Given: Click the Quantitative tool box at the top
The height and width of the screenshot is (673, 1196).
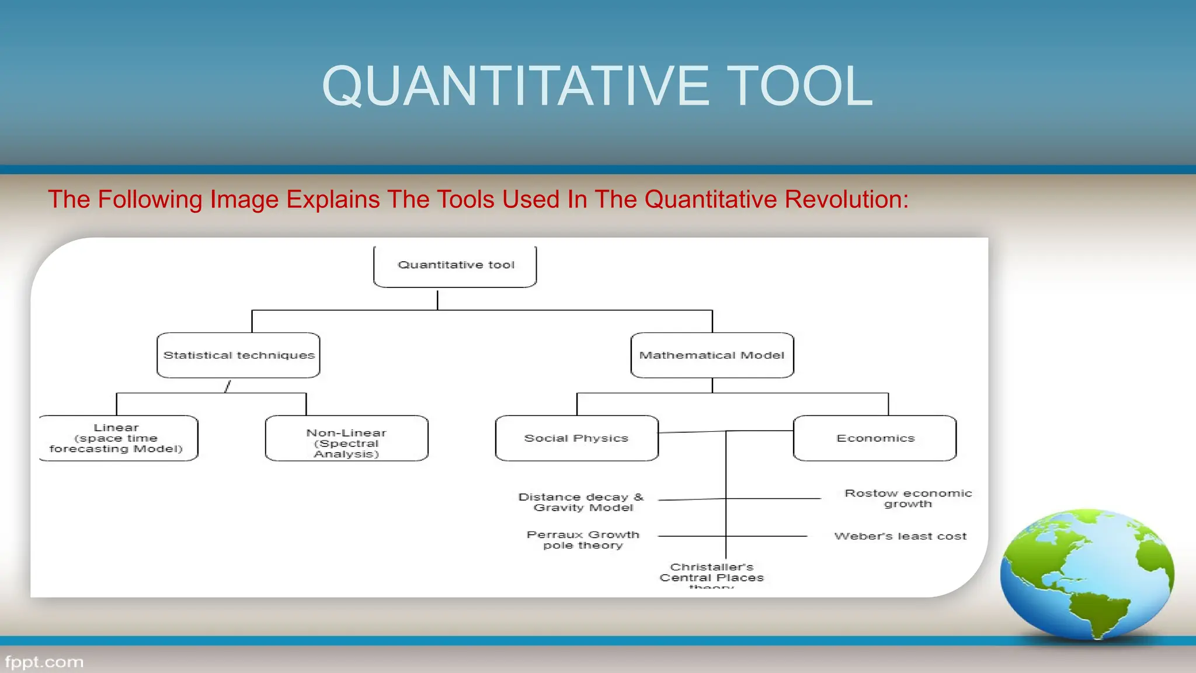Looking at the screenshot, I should coord(455,266).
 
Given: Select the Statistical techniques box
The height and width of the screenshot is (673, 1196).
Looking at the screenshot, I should coord(238,355).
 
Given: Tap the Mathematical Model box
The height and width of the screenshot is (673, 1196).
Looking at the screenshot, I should coord(712,355).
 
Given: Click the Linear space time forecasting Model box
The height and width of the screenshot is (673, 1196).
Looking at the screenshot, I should coord(117,438).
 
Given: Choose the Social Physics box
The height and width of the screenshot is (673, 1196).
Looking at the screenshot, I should coord(576,438).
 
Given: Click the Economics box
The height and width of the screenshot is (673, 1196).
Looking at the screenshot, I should coord(875,438).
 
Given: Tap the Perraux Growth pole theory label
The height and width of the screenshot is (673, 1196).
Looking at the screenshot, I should coord(583,540).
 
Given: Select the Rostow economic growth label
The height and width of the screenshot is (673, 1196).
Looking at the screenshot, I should coord(908,498).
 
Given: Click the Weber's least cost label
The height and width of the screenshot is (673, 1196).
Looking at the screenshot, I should coord(900,536).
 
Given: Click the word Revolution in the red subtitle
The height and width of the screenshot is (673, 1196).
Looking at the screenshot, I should coord(846,200).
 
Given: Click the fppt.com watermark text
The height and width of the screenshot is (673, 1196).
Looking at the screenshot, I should coord(44,662).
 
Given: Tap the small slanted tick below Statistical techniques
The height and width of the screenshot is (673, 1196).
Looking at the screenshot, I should coord(228,386).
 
